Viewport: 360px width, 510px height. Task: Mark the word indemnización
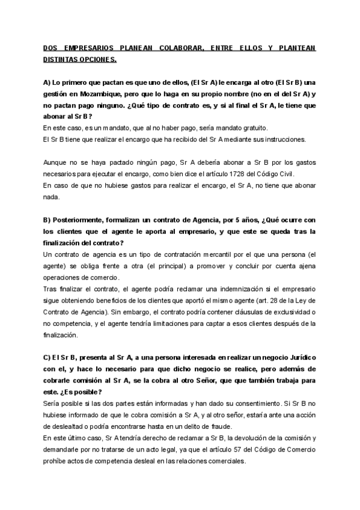241,289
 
